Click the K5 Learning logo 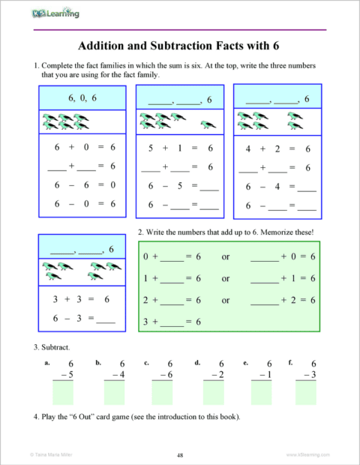point(57,13)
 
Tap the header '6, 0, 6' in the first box point(82,97)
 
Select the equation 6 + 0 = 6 point(82,148)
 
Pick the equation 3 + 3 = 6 point(82,298)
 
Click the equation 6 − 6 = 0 point(82,184)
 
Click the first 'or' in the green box point(225,257)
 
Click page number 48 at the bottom point(180,454)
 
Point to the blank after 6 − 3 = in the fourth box point(106,319)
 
